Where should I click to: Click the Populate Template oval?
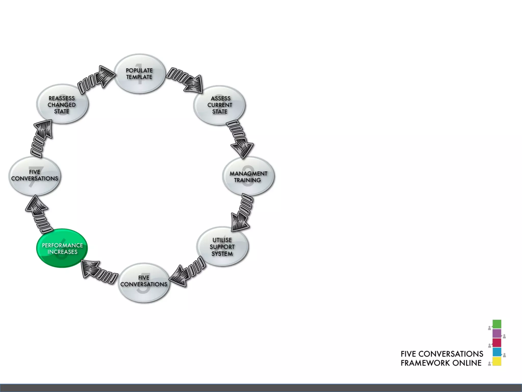click(x=139, y=73)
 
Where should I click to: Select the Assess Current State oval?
click(x=219, y=105)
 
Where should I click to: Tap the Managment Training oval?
click(x=248, y=176)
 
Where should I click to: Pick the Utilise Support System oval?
click(x=222, y=247)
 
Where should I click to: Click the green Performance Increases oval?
click(x=62, y=248)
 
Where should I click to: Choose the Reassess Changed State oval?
click(x=62, y=104)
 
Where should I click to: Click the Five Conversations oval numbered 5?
click(x=144, y=283)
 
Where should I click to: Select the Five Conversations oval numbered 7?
click(x=35, y=176)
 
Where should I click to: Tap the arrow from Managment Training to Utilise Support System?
click(x=242, y=212)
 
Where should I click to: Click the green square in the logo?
click(x=497, y=324)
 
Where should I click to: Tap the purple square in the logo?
click(x=497, y=333)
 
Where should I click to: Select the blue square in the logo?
click(x=497, y=352)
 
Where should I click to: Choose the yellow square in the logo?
click(x=497, y=361)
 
